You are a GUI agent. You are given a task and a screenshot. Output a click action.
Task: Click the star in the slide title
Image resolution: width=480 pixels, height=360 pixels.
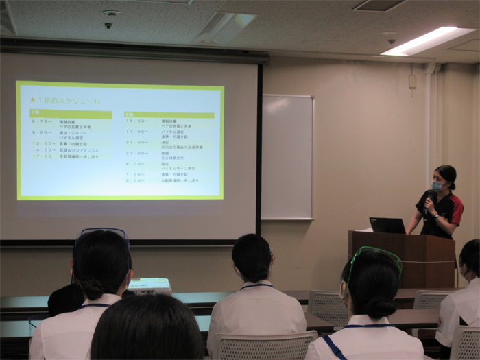[32, 100]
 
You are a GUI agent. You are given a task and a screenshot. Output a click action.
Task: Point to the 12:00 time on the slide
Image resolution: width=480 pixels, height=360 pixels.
[42, 143]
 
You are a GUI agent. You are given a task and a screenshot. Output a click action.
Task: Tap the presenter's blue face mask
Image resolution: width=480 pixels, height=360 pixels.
[437, 185]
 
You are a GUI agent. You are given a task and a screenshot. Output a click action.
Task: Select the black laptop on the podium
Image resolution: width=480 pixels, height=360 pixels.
[387, 225]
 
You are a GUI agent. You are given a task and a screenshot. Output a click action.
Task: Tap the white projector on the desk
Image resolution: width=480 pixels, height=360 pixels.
[149, 285]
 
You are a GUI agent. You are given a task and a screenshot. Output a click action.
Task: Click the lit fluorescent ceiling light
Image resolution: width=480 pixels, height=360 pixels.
[428, 40]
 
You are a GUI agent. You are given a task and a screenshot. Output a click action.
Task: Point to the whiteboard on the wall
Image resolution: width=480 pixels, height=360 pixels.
[287, 157]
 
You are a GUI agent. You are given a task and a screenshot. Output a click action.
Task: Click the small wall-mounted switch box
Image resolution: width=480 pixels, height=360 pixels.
[412, 81]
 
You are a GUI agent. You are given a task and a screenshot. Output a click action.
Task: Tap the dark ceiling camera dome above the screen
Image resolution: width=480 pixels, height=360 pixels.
[108, 25]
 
